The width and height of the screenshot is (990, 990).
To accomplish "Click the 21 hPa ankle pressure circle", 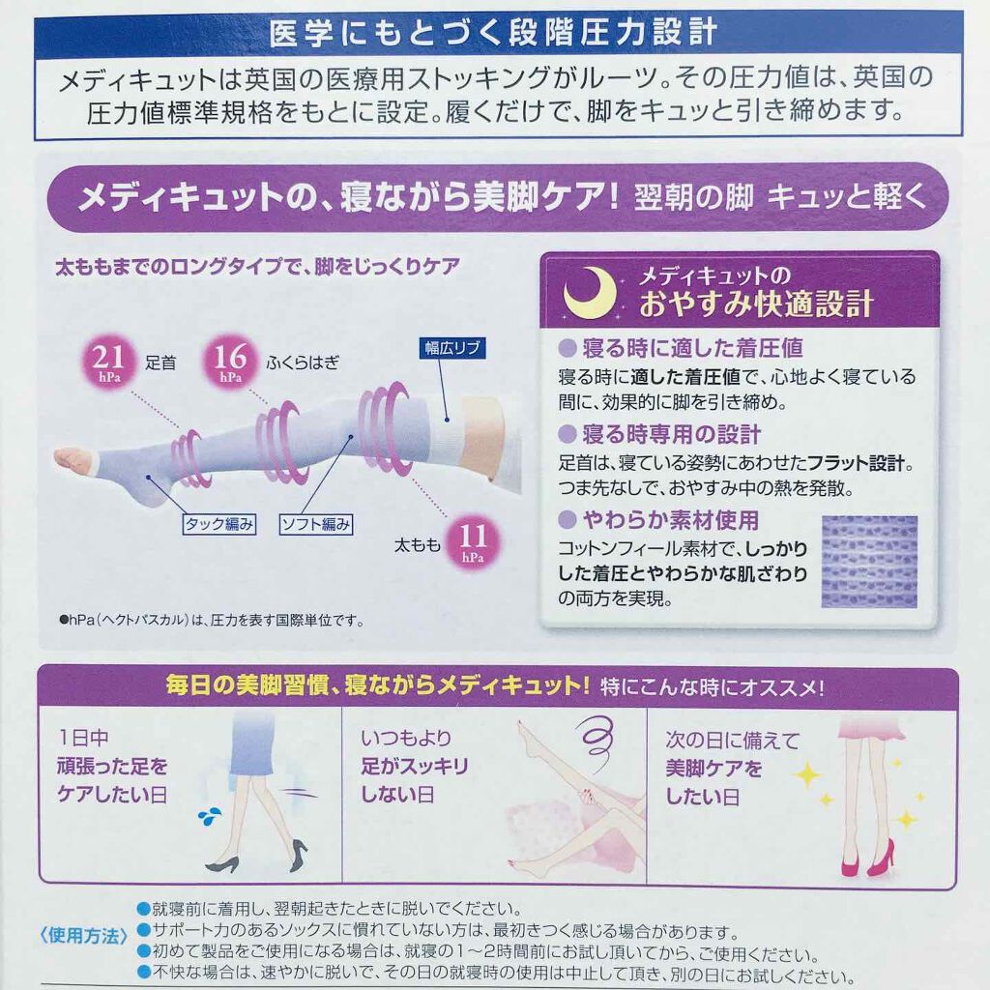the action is tap(108, 362).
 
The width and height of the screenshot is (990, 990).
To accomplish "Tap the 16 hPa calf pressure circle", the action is tap(230, 362).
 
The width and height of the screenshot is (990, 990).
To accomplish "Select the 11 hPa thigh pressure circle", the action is tap(472, 541).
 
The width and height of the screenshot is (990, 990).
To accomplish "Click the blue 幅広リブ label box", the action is tap(452, 348).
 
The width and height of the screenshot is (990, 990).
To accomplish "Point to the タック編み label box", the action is tap(219, 524).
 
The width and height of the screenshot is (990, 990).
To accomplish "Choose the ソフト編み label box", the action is tap(316, 524).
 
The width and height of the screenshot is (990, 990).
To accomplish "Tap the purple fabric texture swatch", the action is tap(869, 562).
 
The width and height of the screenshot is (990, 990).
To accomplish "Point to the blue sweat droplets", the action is tap(210, 816).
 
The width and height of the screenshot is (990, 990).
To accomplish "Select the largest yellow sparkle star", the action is tap(807, 775).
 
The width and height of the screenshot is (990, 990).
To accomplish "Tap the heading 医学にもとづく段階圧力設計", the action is tap(494, 32).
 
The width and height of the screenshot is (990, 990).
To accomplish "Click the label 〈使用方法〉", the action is tap(83, 935).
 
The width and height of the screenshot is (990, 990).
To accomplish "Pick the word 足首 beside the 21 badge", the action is tap(160, 363).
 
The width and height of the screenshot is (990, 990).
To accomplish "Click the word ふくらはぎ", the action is tap(303, 363).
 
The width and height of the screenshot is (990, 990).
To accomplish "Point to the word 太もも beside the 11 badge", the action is tap(417, 544).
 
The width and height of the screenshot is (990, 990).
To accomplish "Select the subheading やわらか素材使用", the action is tap(671, 520).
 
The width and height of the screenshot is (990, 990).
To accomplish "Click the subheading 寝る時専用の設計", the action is tap(672, 434).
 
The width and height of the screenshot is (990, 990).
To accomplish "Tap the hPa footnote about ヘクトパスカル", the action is tap(212, 620).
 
